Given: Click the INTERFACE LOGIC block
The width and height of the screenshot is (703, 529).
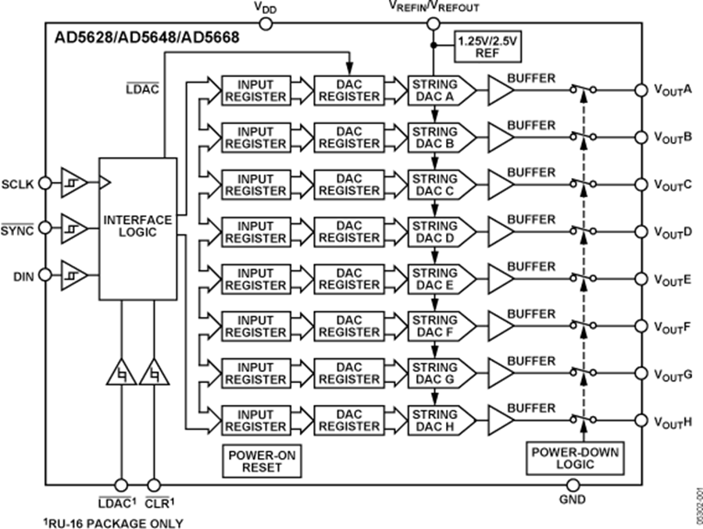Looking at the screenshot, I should click(x=137, y=226).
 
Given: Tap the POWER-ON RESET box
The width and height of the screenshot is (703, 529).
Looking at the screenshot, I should click(x=252, y=461).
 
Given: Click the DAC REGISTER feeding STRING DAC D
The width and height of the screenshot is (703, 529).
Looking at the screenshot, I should click(x=348, y=232).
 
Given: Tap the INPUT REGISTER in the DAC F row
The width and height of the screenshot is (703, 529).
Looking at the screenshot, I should click(x=255, y=326).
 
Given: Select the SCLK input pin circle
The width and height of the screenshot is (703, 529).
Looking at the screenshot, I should click(x=45, y=183).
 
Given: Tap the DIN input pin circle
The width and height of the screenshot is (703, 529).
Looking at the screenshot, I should click(x=45, y=275).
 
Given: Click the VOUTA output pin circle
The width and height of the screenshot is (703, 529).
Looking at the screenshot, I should click(x=642, y=91).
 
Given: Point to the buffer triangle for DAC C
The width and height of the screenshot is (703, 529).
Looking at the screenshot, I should click(x=501, y=185).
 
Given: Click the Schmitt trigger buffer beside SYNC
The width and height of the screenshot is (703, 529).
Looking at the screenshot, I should click(x=73, y=229).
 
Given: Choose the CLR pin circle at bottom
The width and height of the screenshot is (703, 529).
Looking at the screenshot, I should click(x=153, y=485).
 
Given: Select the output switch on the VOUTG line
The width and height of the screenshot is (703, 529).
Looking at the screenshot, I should click(x=583, y=372).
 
